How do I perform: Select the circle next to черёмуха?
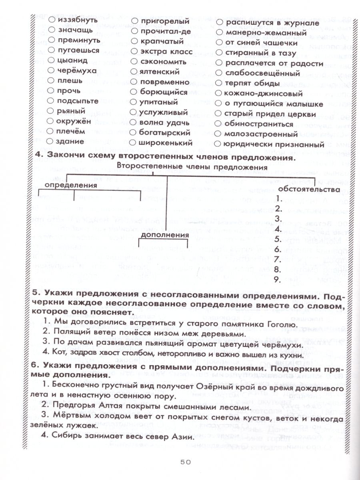pyautogui.click(x=51, y=71)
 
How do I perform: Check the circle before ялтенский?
pyautogui.click(x=134, y=72)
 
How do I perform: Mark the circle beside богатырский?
pyautogui.click(x=134, y=132)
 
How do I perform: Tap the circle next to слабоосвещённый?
pyautogui.click(x=218, y=73)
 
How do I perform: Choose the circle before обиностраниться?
pyautogui.click(x=218, y=124)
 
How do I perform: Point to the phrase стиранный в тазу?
pyautogui.click(x=260, y=53)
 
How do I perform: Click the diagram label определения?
pyautogui.click(x=71, y=186)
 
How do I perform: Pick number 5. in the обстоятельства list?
pyautogui.click(x=279, y=239)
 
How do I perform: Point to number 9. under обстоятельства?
pyautogui.click(x=279, y=280)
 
